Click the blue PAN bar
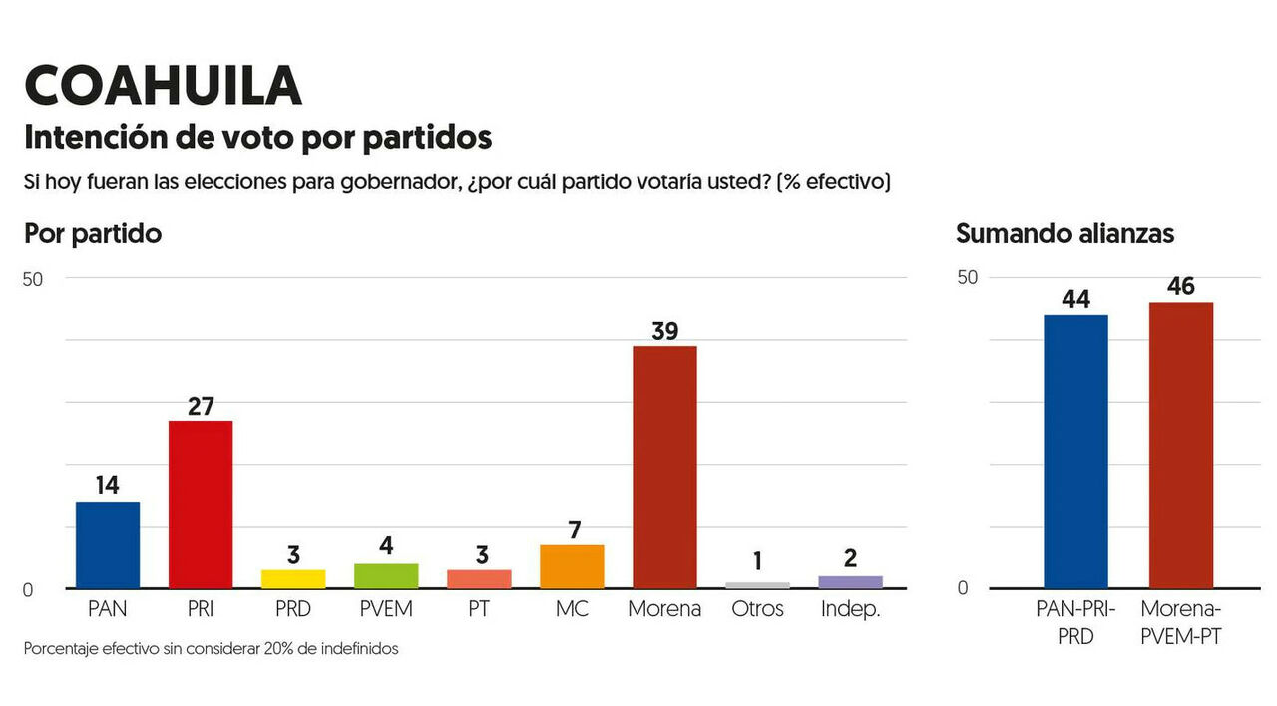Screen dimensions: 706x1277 pos(108,544)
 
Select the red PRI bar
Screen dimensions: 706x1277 pos(201,505)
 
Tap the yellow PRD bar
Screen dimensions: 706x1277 pos(293,579)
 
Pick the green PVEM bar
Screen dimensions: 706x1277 pos(386,576)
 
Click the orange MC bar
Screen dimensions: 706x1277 pos(572,566)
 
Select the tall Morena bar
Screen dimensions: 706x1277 pos(664,467)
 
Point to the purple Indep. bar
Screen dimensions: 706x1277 pos(850,582)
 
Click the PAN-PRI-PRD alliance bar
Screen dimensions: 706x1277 pos(1075,452)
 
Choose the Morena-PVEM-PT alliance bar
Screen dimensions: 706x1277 pos(1181,446)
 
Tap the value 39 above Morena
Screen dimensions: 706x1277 pos(664,330)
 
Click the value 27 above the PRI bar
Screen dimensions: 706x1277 pos(201,405)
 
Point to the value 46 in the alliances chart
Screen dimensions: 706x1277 pos(1181,287)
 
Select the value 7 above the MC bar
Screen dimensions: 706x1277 pos(572,529)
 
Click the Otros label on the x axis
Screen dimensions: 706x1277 pos(757,609)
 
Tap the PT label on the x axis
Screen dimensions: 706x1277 pos(479,609)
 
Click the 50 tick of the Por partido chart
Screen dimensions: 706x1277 pos(33,279)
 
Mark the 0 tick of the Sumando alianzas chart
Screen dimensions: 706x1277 pos(963,588)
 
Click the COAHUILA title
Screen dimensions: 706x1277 pos(163,86)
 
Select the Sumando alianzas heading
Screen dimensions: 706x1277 pos(1064,234)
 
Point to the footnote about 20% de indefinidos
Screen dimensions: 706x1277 pos(211,649)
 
